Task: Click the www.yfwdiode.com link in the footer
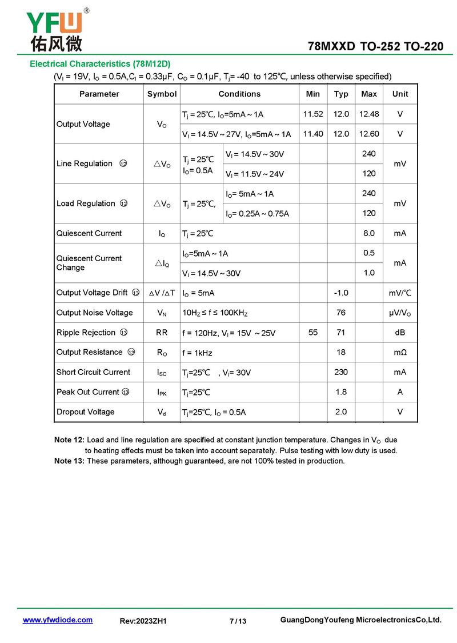click(57, 620)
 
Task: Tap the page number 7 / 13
click(238, 621)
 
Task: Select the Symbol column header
click(162, 94)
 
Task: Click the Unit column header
click(400, 94)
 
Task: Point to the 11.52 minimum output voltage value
click(313, 114)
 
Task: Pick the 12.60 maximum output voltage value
click(369, 134)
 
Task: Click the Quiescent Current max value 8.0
click(369, 233)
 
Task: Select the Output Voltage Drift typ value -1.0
click(341, 293)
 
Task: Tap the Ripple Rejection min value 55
click(313, 332)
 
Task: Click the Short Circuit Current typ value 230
click(341, 372)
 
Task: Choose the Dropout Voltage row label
click(85, 412)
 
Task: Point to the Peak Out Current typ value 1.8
click(341, 392)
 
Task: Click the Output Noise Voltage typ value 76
click(341, 313)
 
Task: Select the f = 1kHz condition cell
click(197, 353)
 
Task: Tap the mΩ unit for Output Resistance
click(400, 352)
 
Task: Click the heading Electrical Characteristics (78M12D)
click(100, 63)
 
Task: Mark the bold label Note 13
click(69, 461)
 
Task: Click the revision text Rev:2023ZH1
click(143, 621)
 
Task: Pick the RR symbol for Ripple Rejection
click(162, 332)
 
